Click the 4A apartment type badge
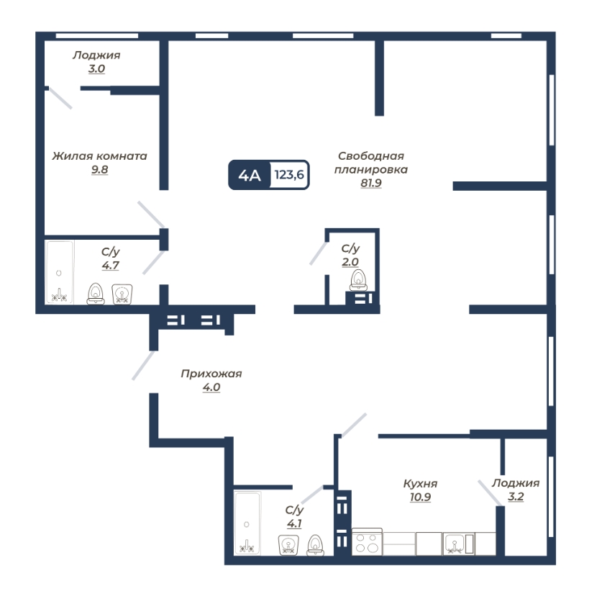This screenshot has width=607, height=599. tap(250, 175)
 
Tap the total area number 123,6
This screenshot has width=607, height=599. tap(289, 175)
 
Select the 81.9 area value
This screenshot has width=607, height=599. tap(371, 183)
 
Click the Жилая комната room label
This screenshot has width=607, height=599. tap(99, 156)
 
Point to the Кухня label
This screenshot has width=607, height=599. tap(420, 484)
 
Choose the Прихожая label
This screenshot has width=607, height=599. tap(211, 374)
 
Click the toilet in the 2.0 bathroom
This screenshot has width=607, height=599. tap(358, 280)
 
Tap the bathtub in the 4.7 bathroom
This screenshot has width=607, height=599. tap(59, 272)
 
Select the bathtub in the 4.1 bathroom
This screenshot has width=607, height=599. tap(247, 523)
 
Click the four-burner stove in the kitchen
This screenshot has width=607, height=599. tap(367, 541)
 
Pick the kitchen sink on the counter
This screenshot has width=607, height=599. tap(454, 544)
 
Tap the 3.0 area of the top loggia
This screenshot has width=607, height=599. tap(96, 68)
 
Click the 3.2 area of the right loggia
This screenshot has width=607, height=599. tap(516, 496)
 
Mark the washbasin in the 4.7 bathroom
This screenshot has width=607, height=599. tap(122, 294)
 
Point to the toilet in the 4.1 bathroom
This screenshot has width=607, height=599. tap(316, 545)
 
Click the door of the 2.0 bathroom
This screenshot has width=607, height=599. tap(319, 253)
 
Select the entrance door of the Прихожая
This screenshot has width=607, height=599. tap(143, 365)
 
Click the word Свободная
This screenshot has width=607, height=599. tap(371, 156)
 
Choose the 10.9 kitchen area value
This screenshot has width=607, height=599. tap(420, 497)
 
